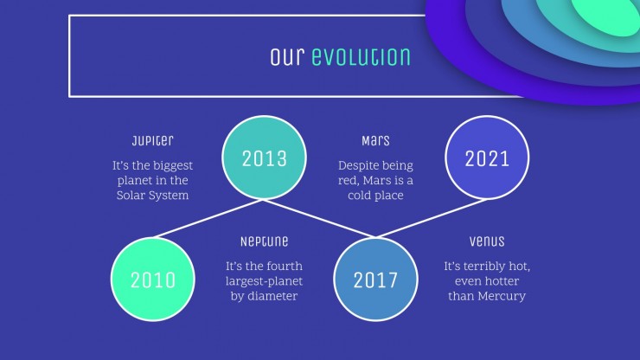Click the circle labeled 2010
(153, 280)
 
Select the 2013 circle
(264, 157)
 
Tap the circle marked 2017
(375, 280)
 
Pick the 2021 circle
(487, 157)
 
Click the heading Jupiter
(153, 141)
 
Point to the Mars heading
(375, 141)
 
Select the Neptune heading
(264, 241)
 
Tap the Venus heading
(487, 241)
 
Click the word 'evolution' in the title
(361, 57)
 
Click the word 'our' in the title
(287, 57)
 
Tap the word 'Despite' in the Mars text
(356, 166)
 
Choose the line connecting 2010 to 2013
(208, 219)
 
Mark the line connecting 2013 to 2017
(320, 219)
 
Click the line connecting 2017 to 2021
(431, 219)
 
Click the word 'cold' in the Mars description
(356, 196)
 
